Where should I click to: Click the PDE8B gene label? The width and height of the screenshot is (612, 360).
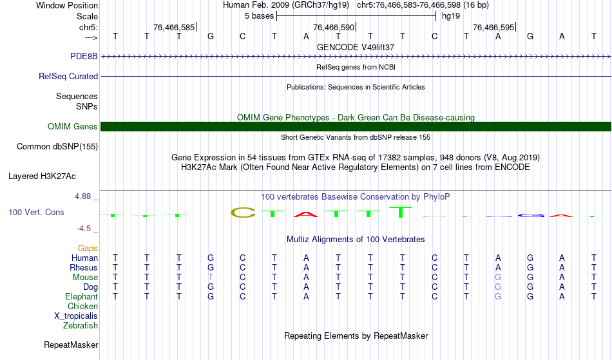pyautogui.click(x=84, y=56)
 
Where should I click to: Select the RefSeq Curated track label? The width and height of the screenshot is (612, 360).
pyautogui.click(x=68, y=76)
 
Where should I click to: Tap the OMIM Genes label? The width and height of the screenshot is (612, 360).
pyautogui.click(x=73, y=126)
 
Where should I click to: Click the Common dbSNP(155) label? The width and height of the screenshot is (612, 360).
pyautogui.click(x=57, y=147)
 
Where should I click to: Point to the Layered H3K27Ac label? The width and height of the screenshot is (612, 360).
pyautogui.click(x=42, y=176)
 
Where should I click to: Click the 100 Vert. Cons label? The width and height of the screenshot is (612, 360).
pyautogui.click(x=36, y=212)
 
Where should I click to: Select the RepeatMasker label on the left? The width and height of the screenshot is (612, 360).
pyautogui.click(x=71, y=345)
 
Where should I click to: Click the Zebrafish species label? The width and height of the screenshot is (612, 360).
pyautogui.click(x=81, y=325)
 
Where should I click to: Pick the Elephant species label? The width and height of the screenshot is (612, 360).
pyautogui.click(x=82, y=296)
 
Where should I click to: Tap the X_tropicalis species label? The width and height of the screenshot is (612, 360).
pyautogui.click(x=76, y=316)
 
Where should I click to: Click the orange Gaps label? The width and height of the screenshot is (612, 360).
pyautogui.click(x=88, y=249)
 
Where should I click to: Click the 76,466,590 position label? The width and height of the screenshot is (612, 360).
pyautogui.click(x=334, y=27)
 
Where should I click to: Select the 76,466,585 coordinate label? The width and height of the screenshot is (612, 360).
pyautogui.click(x=174, y=27)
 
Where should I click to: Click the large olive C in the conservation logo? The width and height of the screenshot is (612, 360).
pyautogui.click(x=243, y=213)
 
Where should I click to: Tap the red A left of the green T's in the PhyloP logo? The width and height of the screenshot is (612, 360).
pyautogui.click(x=306, y=214)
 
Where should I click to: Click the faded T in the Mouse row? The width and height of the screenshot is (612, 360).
pyautogui.click(x=211, y=278)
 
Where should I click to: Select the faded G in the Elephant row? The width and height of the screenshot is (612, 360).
pyautogui.click(x=498, y=296)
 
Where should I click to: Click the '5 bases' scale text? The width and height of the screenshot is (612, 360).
pyautogui.click(x=259, y=16)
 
